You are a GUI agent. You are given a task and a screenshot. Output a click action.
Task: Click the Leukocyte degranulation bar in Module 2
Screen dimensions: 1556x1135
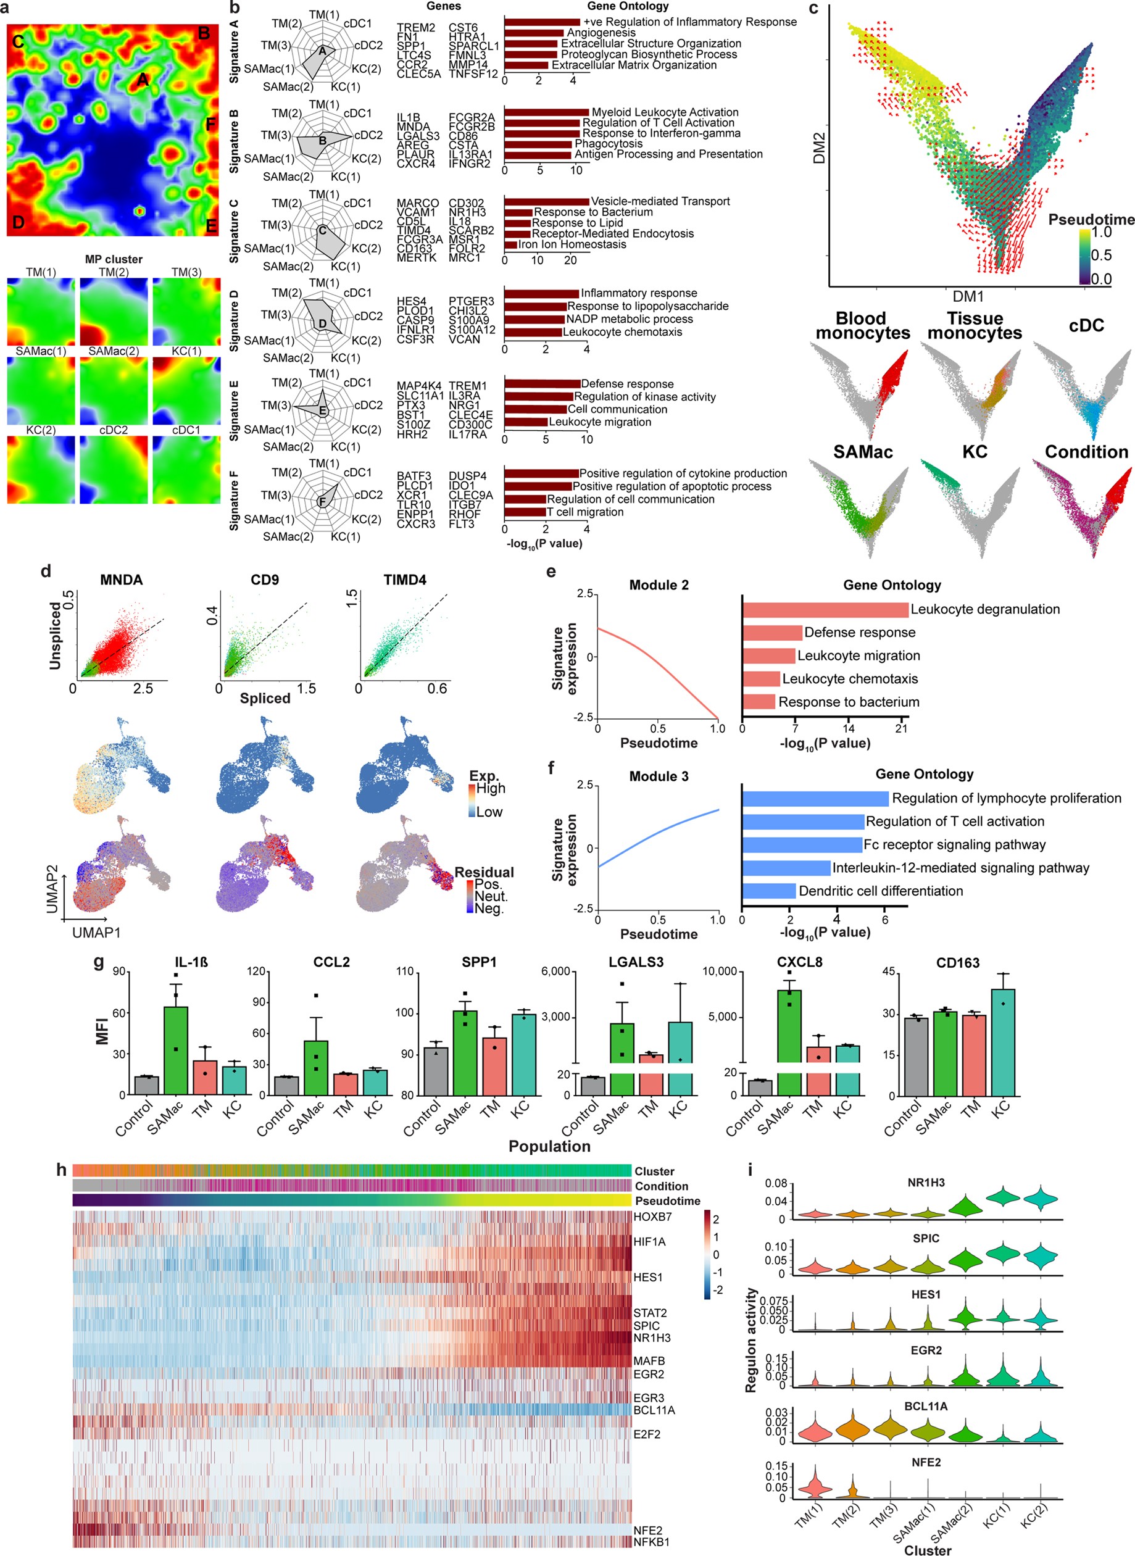pos(825,609)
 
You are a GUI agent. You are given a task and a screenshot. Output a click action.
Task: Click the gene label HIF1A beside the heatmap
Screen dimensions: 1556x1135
pos(649,1241)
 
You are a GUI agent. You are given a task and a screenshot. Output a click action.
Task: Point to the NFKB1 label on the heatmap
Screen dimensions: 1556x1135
pos(651,1542)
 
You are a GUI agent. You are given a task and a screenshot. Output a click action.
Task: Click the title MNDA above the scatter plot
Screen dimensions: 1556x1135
pos(122,580)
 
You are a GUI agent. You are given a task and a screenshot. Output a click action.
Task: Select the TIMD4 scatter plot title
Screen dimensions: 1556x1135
pos(405,580)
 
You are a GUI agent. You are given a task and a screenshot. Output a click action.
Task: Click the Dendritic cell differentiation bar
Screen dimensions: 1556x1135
pos(769,891)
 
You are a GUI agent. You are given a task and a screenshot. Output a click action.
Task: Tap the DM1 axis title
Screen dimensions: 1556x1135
pos(968,297)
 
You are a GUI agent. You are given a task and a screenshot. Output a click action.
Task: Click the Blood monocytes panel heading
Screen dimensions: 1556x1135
pos(862,327)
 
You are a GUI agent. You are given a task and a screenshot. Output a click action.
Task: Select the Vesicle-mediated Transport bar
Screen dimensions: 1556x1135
pos(546,201)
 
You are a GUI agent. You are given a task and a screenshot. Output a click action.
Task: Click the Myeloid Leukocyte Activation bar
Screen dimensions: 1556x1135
pos(546,112)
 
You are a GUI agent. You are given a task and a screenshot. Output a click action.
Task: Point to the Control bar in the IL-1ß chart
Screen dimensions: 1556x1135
pos(146,1086)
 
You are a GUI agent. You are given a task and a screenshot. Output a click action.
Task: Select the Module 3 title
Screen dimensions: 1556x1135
pos(659,776)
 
